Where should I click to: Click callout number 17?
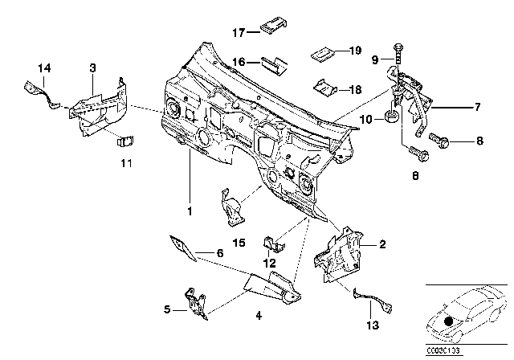click(238, 33)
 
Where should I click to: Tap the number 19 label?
click(354, 50)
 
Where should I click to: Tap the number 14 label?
click(43, 69)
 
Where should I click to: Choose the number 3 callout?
click(92, 69)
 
